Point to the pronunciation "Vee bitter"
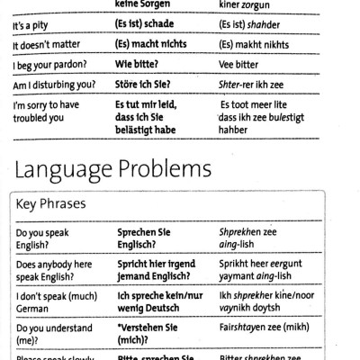(242, 65)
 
